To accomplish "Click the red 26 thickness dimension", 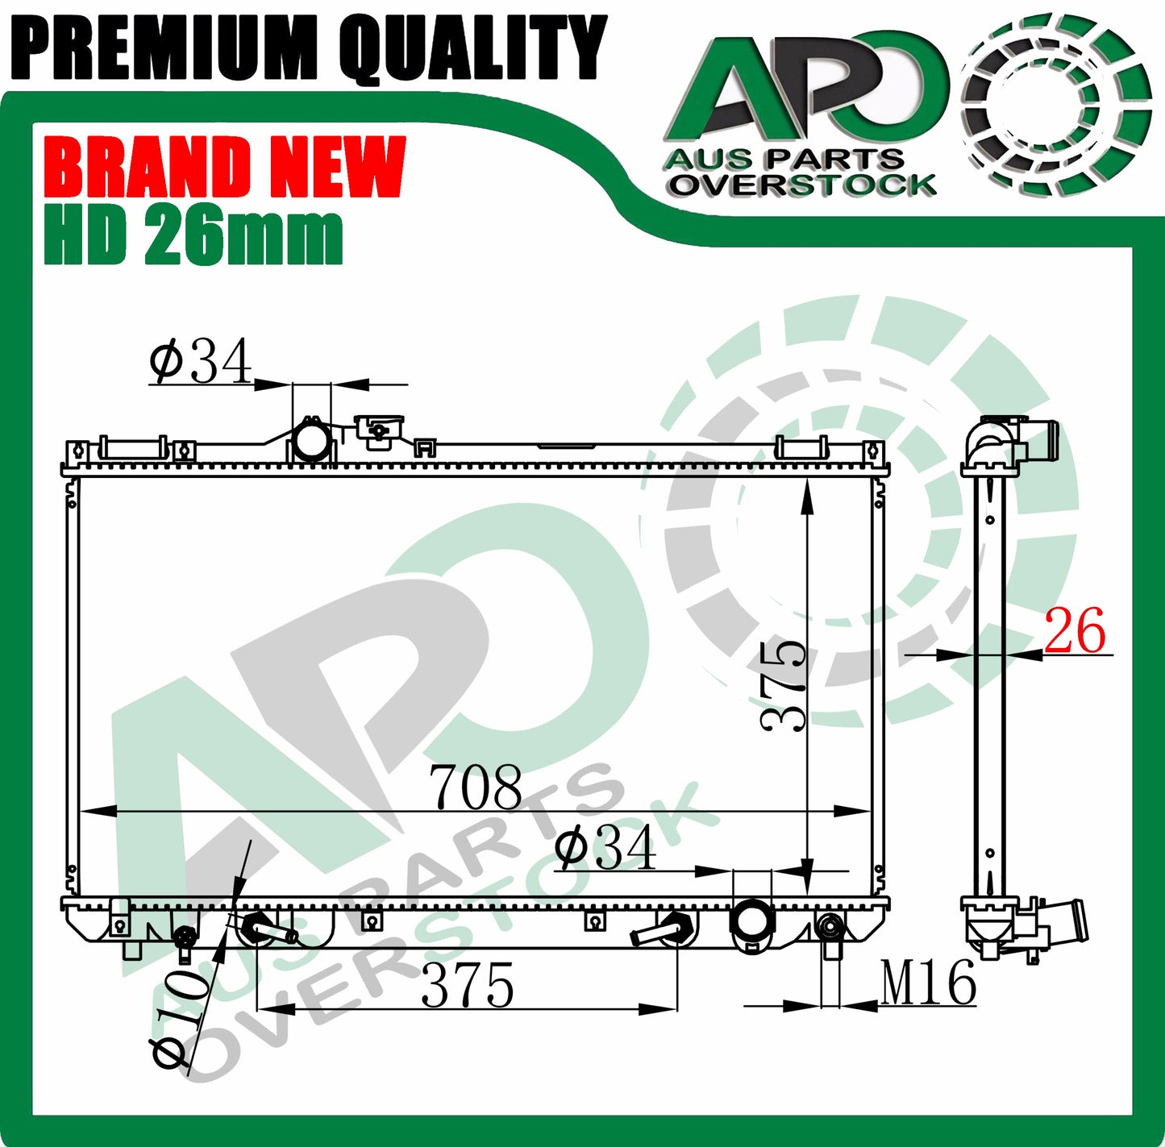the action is tap(1074, 630).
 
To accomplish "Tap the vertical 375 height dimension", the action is tap(783, 686).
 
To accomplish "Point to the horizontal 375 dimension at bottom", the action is tap(468, 985).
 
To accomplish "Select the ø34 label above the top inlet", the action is tap(201, 361).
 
